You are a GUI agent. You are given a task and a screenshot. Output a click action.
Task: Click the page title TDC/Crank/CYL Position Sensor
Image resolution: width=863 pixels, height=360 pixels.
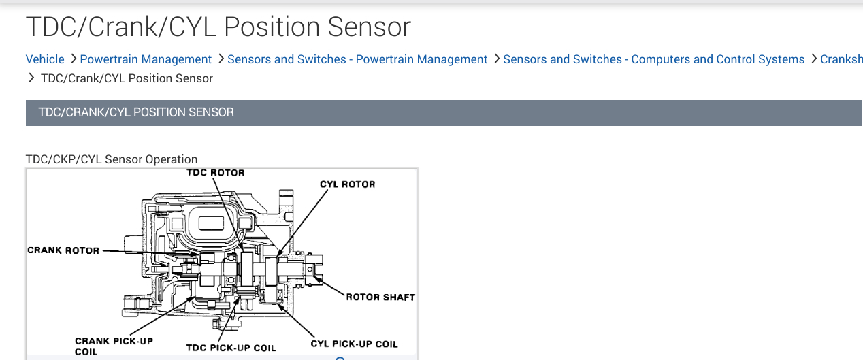point(218,27)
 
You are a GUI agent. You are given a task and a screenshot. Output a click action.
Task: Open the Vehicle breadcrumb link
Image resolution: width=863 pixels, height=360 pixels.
point(45,59)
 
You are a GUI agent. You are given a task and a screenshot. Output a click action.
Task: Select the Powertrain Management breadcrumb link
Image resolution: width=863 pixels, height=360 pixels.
point(146,59)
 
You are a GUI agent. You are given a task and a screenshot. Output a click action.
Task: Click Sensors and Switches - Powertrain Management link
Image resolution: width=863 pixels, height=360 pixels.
point(357,59)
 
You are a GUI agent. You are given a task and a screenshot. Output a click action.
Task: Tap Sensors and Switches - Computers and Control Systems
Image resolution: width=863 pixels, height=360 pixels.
point(653,59)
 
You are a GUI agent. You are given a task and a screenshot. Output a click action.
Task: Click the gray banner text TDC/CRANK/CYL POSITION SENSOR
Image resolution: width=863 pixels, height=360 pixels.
point(136,112)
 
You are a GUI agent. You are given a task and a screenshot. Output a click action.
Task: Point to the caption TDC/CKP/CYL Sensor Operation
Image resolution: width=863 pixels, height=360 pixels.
point(112,159)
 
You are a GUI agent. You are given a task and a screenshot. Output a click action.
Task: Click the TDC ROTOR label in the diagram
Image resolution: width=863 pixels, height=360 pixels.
point(215,173)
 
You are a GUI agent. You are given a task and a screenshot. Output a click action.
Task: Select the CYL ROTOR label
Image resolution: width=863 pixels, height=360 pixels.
point(347,184)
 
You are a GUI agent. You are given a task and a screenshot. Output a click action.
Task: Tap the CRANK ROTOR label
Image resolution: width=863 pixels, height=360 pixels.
point(63,250)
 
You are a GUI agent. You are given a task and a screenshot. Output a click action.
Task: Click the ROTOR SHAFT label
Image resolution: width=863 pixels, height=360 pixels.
point(380,297)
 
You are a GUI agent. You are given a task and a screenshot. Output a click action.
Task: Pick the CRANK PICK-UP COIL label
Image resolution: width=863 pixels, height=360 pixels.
point(114,346)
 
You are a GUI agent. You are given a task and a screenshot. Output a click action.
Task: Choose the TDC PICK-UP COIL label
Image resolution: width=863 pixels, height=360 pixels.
point(231,348)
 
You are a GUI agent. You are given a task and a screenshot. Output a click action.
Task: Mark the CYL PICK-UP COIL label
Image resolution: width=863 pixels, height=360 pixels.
point(354,344)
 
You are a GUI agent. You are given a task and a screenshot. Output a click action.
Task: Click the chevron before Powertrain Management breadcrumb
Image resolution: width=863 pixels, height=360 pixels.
point(73,59)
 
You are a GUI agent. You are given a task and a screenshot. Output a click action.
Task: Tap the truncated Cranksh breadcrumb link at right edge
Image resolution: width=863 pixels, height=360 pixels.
point(841,59)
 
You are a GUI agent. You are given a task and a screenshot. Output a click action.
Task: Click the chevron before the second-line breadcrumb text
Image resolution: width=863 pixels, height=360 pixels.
point(31,78)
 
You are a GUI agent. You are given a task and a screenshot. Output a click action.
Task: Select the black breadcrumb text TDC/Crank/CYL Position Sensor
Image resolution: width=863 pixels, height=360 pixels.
point(127,78)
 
